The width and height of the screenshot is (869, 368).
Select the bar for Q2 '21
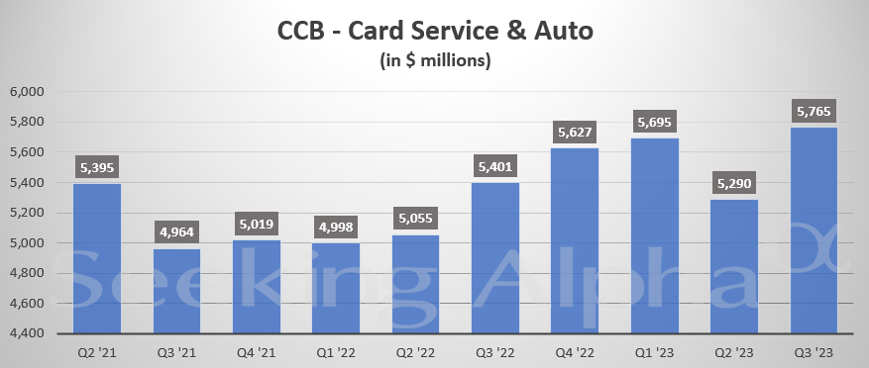pos(97,258)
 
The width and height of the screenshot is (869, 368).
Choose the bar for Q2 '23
pos(734,266)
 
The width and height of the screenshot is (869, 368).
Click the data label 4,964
pos(176,234)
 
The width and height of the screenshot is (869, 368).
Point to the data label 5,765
pos(815,113)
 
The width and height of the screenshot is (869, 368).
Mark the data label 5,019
pos(257,227)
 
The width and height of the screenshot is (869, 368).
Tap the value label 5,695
pos(655,124)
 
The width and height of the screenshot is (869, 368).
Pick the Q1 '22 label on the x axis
pos(336,351)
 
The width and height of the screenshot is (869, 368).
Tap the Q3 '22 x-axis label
pos(495,351)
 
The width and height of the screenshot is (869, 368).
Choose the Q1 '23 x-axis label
pos(655,351)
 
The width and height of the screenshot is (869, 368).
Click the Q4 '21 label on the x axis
pos(257,351)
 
